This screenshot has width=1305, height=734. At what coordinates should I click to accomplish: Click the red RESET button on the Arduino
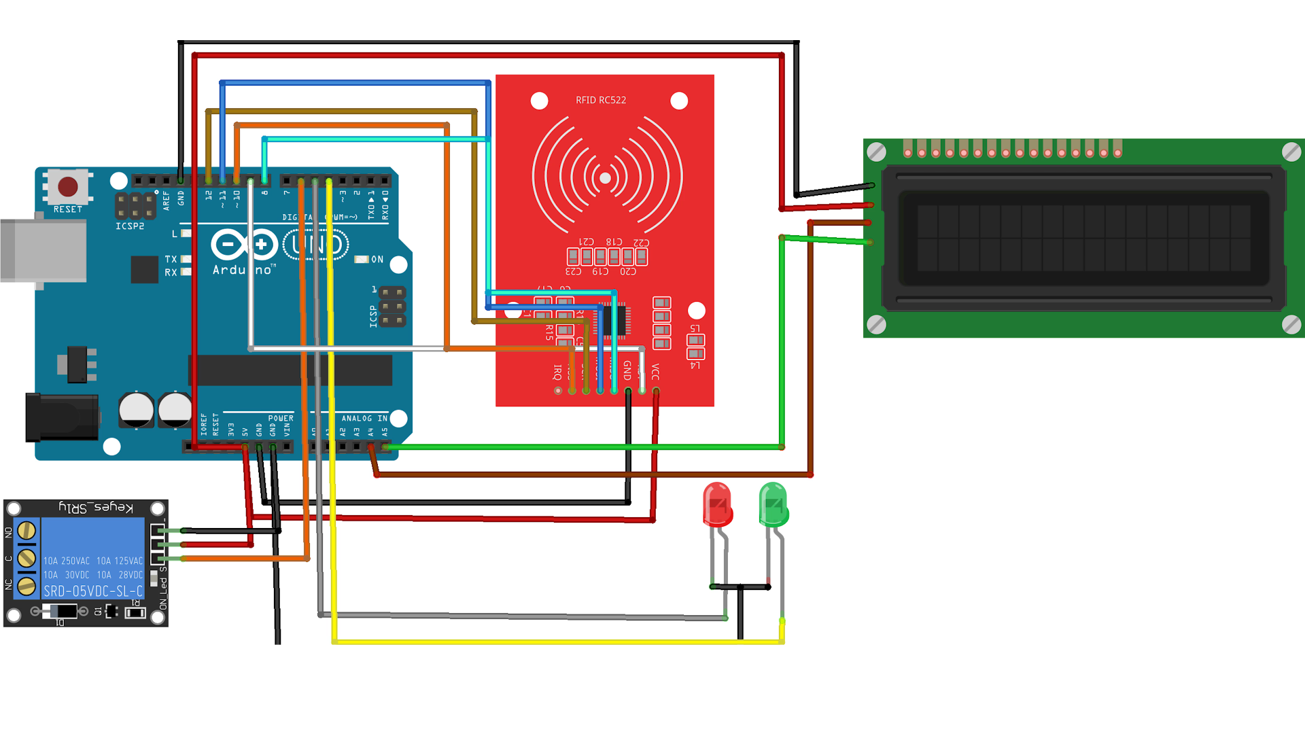pyautogui.click(x=68, y=186)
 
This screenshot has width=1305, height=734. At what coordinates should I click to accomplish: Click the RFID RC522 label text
pyautogui.click(x=601, y=100)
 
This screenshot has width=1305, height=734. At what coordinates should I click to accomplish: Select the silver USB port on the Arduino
pyautogui.click(x=43, y=251)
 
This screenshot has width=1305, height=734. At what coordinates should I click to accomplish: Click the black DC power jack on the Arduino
pyautogui.click(x=61, y=417)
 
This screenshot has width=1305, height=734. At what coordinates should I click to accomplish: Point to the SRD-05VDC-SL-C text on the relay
pyautogui.click(x=93, y=591)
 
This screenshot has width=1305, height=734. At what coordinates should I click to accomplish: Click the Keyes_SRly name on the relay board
pyautogui.click(x=96, y=508)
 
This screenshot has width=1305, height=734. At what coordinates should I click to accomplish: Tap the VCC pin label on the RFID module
pyautogui.click(x=655, y=372)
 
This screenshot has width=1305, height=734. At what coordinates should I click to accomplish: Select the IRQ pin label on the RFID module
pyautogui.click(x=557, y=372)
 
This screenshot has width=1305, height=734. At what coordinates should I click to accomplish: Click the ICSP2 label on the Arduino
pyautogui.click(x=130, y=226)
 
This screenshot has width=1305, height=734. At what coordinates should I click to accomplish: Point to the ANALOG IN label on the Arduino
pyautogui.click(x=364, y=419)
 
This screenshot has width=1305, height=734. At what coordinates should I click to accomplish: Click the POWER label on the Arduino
pyautogui.click(x=281, y=419)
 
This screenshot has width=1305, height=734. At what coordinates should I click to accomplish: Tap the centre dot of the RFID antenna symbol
pyautogui.click(x=605, y=178)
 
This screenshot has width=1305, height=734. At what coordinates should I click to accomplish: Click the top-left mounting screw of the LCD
pyautogui.click(x=877, y=152)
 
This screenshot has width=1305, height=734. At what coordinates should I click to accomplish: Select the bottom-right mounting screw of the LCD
pyautogui.click(x=1291, y=324)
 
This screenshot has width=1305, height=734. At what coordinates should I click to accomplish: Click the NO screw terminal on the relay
pyautogui.click(x=27, y=531)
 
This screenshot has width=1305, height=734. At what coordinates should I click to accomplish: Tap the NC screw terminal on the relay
pyautogui.click(x=27, y=586)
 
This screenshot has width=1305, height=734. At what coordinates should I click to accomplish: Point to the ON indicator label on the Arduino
pyautogui.click(x=377, y=260)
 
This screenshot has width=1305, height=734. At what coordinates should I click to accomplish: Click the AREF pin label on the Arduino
pyautogui.click(x=167, y=200)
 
